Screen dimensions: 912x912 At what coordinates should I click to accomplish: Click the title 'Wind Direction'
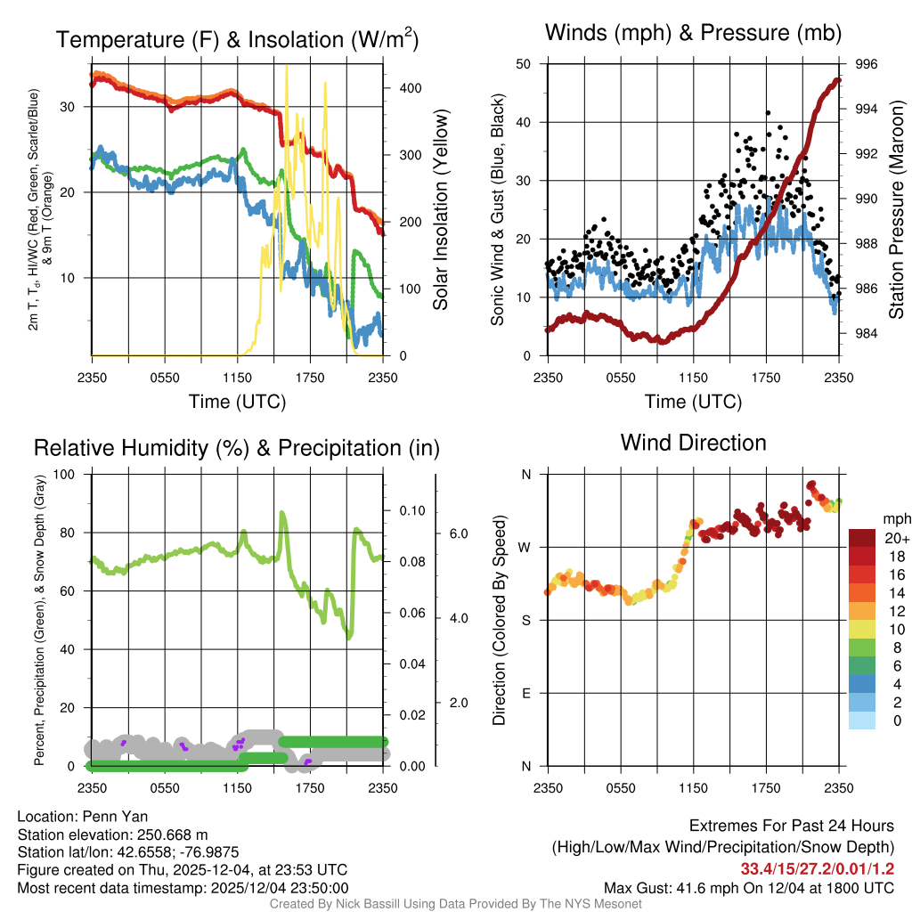point(693,443)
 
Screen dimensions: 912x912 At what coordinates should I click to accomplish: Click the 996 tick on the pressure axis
point(866,64)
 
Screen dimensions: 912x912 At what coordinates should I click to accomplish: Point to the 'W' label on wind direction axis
point(525,547)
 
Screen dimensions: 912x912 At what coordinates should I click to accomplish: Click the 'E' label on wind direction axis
point(526,693)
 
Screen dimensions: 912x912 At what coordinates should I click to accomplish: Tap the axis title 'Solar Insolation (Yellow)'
point(440,210)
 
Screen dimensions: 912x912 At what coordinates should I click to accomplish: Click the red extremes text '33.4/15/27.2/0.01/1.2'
point(817,868)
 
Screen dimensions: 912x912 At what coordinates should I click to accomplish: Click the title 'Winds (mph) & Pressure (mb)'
point(693,34)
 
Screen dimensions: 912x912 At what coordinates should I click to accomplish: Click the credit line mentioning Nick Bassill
point(455,903)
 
